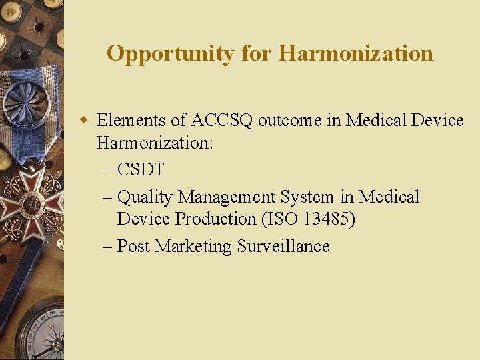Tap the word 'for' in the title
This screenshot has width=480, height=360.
(257, 53)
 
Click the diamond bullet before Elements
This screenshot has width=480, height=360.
(84, 121)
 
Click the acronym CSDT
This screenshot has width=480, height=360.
(141, 170)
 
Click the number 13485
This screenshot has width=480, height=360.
(325, 219)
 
